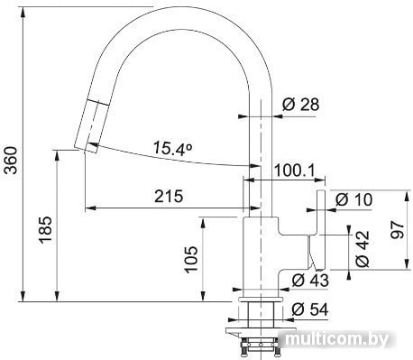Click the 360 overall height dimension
click(x=12, y=160)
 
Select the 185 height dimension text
click(x=45, y=229)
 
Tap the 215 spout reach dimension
click(x=169, y=197)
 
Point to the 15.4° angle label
click(x=172, y=148)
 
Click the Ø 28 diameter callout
click(x=300, y=105)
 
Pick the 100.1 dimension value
click(x=294, y=171)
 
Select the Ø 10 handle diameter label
click(x=353, y=199)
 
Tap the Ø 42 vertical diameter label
click(x=362, y=249)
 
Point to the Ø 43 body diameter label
click(x=310, y=281)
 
